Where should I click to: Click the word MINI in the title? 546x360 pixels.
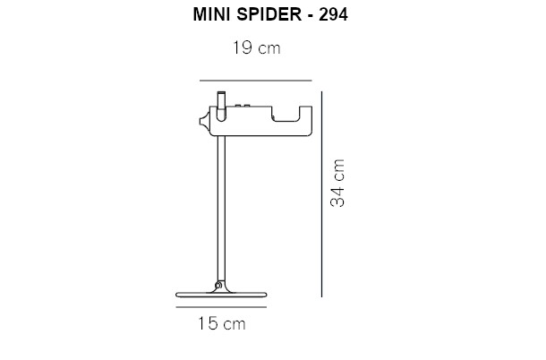pyautogui.click(x=209, y=14)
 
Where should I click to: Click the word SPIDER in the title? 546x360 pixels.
pyautogui.click(x=269, y=14)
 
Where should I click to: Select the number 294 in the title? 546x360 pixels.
pyautogui.click(x=334, y=14)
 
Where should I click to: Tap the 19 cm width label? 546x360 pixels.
pyautogui.click(x=257, y=47)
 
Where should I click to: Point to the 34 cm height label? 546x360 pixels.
pyautogui.click(x=337, y=184)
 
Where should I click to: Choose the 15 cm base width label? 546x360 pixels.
pyautogui.click(x=222, y=323)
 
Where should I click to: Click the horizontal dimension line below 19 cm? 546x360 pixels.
pyautogui.click(x=256, y=81)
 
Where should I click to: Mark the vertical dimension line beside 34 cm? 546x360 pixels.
pyautogui.click(x=321, y=194)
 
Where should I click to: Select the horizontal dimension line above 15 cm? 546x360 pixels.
pyautogui.click(x=221, y=307)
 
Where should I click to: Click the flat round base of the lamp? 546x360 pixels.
pyautogui.click(x=221, y=295)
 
